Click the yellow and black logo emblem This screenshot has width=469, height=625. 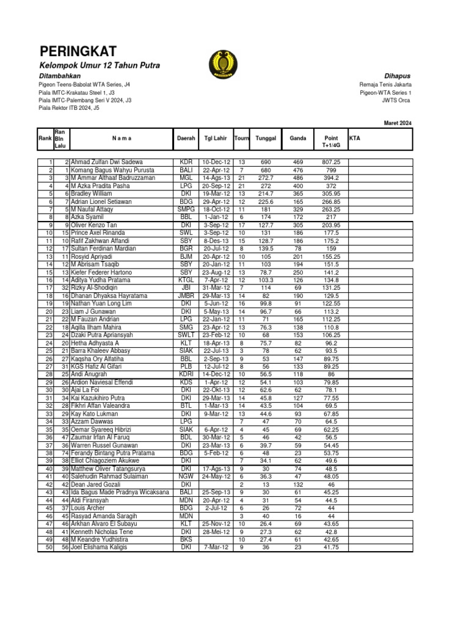(x=218, y=62)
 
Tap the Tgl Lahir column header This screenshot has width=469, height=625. (x=216, y=139)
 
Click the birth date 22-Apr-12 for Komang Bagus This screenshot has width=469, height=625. (x=216, y=170)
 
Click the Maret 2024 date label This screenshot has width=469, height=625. (x=398, y=123)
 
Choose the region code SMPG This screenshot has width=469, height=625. (x=186, y=209)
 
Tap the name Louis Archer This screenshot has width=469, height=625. (x=90, y=508)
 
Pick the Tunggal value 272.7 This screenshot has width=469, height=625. (x=266, y=178)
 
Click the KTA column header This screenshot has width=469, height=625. (x=354, y=139)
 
